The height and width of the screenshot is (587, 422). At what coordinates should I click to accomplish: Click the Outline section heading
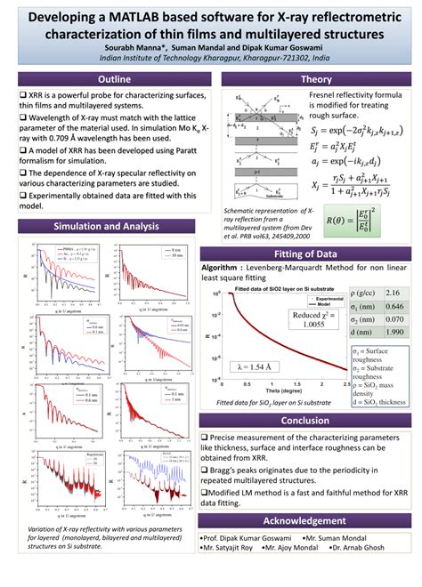(x=105, y=79)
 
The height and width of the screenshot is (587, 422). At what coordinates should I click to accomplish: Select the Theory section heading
(x=316, y=79)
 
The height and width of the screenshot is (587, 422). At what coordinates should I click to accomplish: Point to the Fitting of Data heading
(x=316, y=254)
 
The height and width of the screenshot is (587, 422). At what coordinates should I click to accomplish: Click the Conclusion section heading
(x=316, y=421)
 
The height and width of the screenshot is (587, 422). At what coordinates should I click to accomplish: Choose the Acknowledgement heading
(x=316, y=520)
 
